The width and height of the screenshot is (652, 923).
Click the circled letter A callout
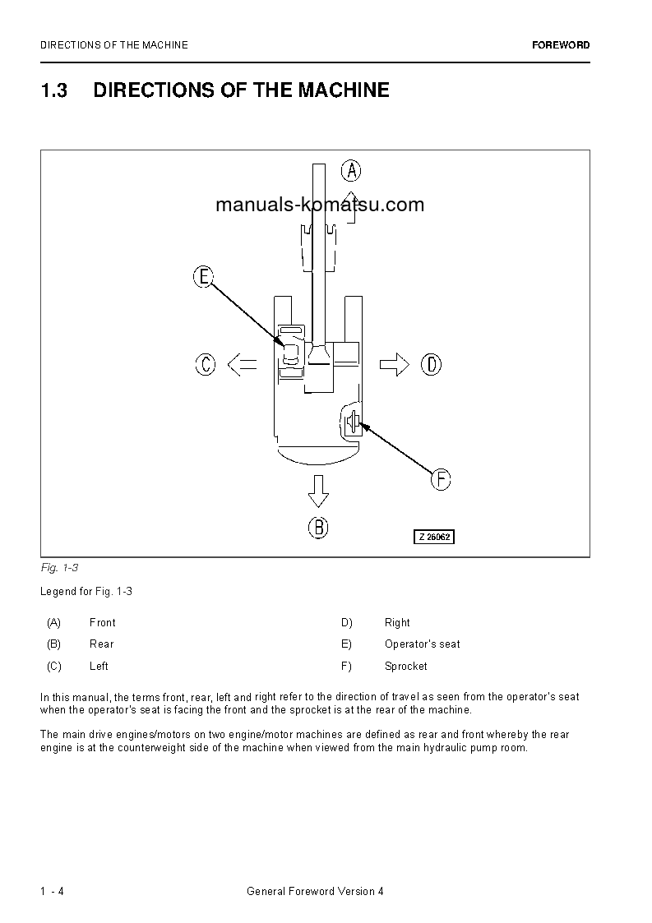[x=351, y=170]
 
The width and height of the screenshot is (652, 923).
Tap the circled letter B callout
[x=318, y=527]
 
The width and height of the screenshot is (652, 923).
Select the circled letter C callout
[x=206, y=364]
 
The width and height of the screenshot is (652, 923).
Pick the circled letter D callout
[x=431, y=364]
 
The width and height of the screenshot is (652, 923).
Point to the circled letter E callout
[x=204, y=277]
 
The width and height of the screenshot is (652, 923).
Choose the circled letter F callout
[x=441, y=479]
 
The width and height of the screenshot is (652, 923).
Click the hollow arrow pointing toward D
[x=395, y=364]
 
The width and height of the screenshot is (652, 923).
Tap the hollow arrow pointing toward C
[x=242, y=364]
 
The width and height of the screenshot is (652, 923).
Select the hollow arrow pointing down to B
[x=318, y=491]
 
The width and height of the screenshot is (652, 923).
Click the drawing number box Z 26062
[x=433, y=537]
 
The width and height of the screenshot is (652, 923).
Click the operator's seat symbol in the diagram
[x=291, y=354]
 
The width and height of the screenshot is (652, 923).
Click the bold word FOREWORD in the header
[x=561, y=45]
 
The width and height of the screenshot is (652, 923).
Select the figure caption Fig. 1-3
[x=58, y=568]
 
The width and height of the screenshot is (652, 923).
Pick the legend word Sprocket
[x=405, y=666]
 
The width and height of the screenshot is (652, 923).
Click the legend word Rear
[x=101, y=644]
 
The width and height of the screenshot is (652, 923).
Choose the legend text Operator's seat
[x=422, y=644]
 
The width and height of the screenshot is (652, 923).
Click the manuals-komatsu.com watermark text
[x=320, y=205]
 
